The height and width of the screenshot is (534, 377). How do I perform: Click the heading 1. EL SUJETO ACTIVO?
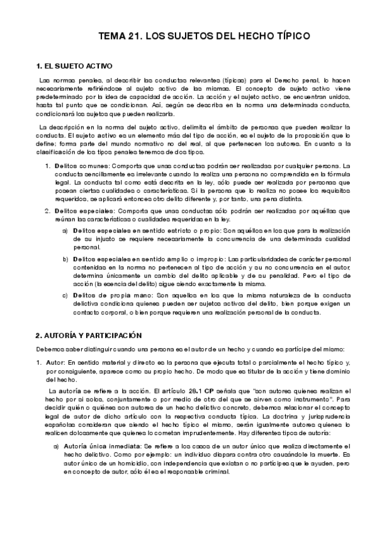[x=74, y=65]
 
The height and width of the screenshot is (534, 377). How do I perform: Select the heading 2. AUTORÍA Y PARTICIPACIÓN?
[x=89, y=335]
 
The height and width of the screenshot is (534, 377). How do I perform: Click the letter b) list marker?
[x=65, y=259]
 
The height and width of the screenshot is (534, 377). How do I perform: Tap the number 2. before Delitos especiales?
[x=48, y=210]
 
